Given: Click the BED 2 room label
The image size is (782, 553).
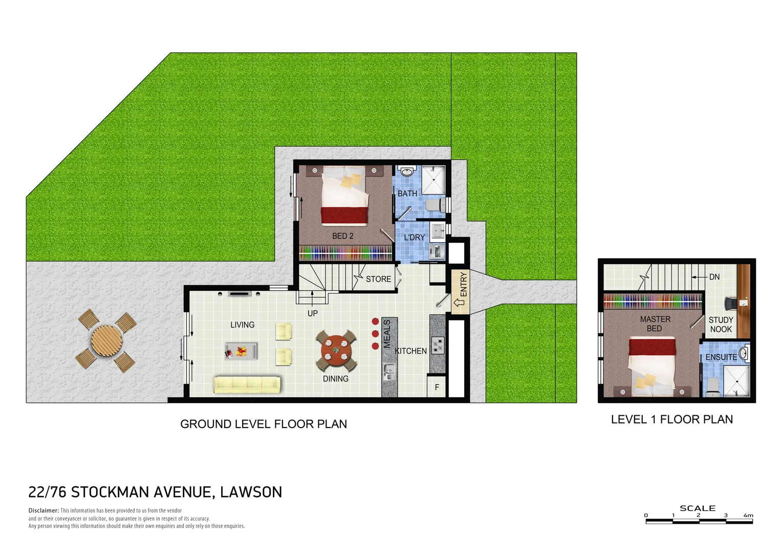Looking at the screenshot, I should click(x=342, y=236).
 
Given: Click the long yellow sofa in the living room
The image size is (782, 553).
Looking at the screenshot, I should click(x=247, y=385).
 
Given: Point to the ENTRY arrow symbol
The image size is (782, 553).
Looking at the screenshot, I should click(x=459, y=303).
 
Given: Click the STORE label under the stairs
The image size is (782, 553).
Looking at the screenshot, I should click(x=378, y=279).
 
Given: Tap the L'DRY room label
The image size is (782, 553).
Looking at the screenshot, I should click(x=414, y=238).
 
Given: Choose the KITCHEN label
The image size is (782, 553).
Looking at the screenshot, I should click(x=410, y=351).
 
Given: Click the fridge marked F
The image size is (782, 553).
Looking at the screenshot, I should click(x=437, y=387).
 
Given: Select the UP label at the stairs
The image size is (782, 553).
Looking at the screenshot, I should click(x=312, y=313).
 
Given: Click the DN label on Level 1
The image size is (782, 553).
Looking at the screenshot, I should click(x=714, y=277).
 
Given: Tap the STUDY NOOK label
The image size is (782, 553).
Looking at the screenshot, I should click(x=721, y=325).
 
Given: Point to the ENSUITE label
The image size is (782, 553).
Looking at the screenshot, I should click(x=721, y=357).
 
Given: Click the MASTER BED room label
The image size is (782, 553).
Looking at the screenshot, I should click(x=655, y=324).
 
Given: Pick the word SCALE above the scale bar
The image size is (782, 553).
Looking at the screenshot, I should click(x=697, y=508).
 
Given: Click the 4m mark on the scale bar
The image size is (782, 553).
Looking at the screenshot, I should click(x=748, y=516).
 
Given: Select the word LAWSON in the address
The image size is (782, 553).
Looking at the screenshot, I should click(x=251, y=492).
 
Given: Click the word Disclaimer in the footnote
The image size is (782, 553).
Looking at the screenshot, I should click(x=44, y=511).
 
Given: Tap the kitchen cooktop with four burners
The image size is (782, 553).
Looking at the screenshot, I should click(x=438, y=346).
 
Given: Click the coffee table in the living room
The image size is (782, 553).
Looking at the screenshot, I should click(x=241, y=351).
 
